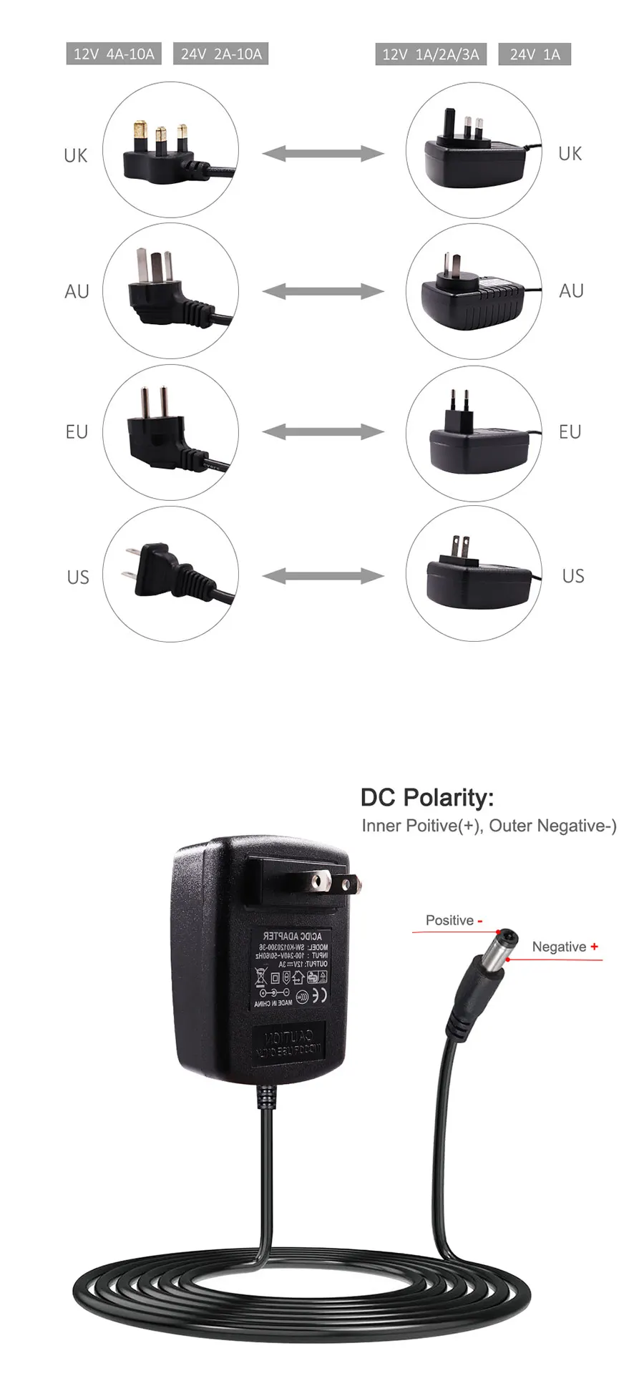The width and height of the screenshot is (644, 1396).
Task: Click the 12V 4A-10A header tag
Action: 114,54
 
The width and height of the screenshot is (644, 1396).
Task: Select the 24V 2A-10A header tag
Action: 220,54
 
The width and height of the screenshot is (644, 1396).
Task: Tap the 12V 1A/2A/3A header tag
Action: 430,54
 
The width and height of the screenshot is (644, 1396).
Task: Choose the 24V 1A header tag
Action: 535,54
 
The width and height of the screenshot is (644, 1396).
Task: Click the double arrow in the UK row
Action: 323,152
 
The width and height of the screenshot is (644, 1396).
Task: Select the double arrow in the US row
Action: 323,575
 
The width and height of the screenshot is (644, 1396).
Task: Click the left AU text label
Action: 77,291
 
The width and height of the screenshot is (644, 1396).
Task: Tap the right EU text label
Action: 570,431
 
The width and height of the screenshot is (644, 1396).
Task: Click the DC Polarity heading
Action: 426,797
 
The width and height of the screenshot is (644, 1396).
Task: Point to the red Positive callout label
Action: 454,920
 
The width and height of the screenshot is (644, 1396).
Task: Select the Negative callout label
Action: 564,947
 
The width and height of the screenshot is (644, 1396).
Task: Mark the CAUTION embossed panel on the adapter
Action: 289,1042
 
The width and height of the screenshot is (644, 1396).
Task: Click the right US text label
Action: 572,576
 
